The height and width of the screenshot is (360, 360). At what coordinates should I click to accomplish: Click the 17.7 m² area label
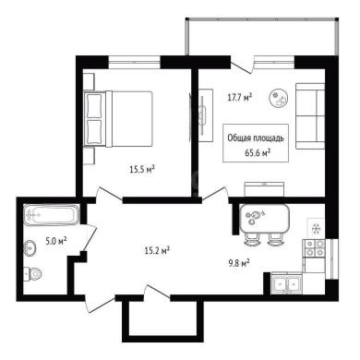coord(240,98)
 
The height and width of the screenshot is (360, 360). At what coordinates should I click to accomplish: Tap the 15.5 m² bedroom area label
coord(142,169)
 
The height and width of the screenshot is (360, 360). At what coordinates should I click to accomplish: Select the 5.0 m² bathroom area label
coord(56,241)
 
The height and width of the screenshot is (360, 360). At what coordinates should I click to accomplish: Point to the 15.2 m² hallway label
coord(158,251)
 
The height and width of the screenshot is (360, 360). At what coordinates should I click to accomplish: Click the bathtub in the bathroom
coord(52,215)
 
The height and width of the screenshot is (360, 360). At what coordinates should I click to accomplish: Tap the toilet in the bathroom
coord(33,273)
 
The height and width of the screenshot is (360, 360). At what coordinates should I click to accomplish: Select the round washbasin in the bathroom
coord(30,247)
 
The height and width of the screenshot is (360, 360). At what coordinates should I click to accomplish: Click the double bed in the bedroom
coord(118,118)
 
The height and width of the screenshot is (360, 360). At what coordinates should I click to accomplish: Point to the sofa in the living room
coord(310,116)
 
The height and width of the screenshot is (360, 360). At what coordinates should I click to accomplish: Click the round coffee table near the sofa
coord(279,98)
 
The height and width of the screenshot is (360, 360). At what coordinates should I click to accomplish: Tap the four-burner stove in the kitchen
coord(314,248)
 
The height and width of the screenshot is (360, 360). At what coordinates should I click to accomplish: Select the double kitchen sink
coord(287,283)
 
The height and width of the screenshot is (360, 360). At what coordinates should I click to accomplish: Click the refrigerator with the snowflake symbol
coord(316,228)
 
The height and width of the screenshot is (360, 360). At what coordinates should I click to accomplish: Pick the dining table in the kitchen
coord(265,219)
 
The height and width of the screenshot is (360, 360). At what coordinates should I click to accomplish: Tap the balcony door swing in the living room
coord(242,66)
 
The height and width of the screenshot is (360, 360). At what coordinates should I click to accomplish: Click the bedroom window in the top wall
coord(135,62)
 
